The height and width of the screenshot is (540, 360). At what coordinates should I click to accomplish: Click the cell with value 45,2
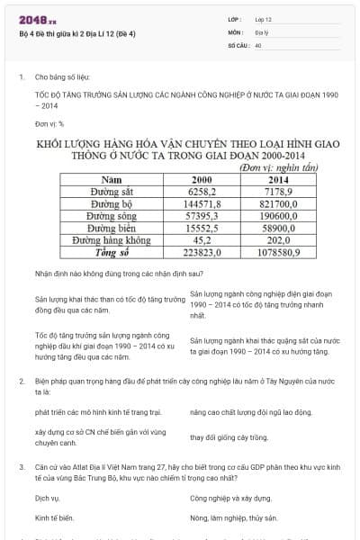(202, 241)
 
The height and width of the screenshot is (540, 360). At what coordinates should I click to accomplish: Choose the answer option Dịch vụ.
(48, 497)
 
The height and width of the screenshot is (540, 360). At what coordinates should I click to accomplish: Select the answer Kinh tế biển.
(54, 517)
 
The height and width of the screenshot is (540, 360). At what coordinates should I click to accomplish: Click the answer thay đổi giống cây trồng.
(229, 437)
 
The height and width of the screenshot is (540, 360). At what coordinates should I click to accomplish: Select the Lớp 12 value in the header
(263, 19)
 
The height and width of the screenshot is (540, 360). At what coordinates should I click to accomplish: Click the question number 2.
(21, 381)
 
